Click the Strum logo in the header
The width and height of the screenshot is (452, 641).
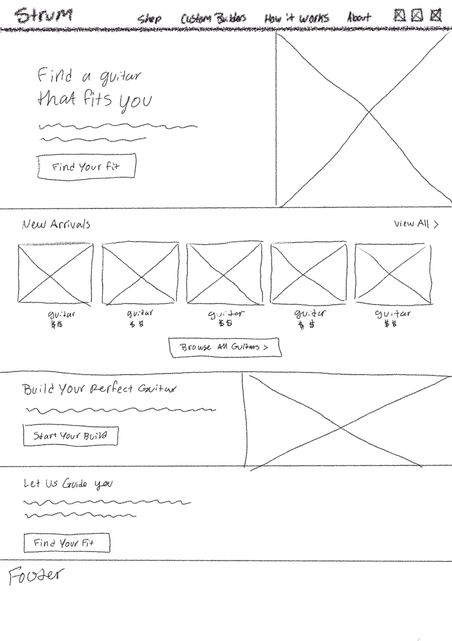pyautogui.click(x=45, y=16)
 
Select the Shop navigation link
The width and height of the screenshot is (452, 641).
pyautogui.click(x=150, y=19)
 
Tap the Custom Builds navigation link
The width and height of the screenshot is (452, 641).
pyautogui.click(x=213, y=18)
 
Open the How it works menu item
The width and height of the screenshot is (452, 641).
pyautogui.click(x=297, y=18)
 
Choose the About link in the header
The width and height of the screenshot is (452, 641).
pyautogui.click(x=359, y=17)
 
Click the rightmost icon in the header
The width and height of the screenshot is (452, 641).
pyautogui.click(x=436, y=15)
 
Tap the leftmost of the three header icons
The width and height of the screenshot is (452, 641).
pyautogui.click(x=399, y=15)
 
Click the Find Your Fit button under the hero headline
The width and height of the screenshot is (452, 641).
pyautogui.click(x=86, y=167)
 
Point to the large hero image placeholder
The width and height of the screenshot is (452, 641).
pyautogui.click(x=363, y=119)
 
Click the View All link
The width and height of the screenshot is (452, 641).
pyautogui.click(x=416, y=224)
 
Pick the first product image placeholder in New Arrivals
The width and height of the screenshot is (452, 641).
pyautogui.click(x=55, y=273)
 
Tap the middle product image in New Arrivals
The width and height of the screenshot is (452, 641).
pyautogui.click(x=225, y=273)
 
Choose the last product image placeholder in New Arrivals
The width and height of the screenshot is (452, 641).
pyautogui.click(x=393, y=273)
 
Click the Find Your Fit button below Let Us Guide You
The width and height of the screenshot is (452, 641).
pyautogui.click(x=67, y=543)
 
